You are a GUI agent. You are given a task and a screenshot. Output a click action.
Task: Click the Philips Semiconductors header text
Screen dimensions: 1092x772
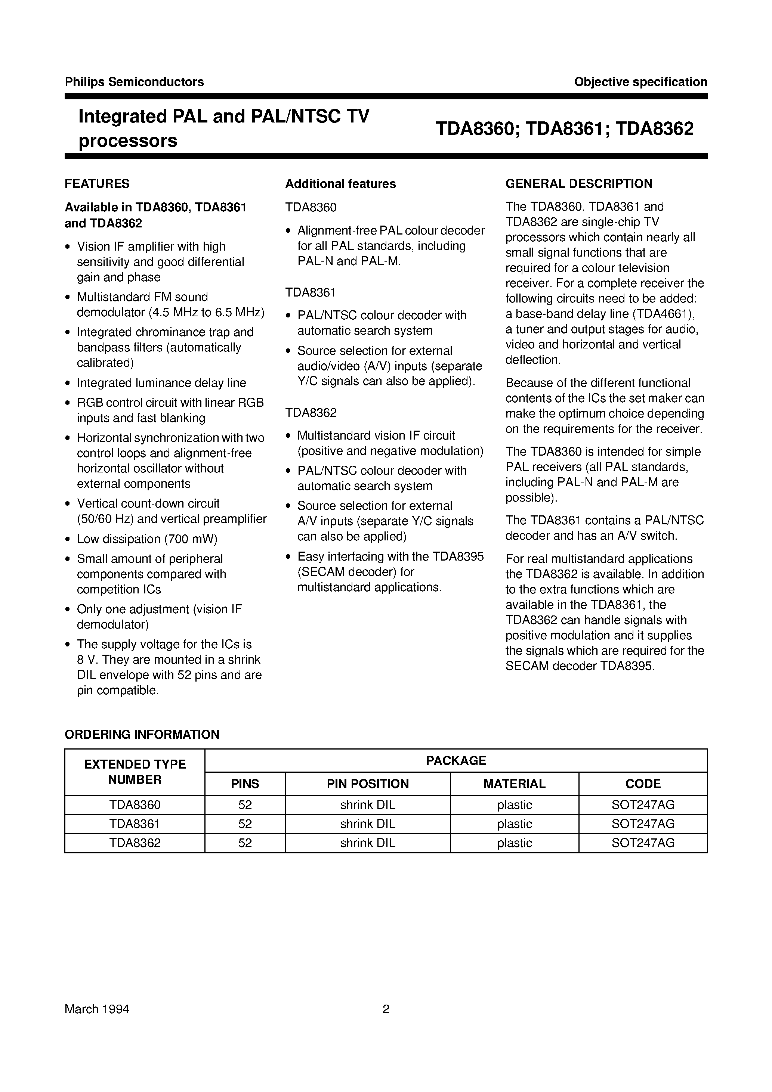coord(134,82)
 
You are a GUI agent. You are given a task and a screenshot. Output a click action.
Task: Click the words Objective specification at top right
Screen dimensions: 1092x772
coord(640,82)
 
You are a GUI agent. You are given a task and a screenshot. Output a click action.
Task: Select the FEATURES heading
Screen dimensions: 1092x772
coord(97,184)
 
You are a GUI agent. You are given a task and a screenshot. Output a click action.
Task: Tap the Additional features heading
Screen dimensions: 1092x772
coord(340,184)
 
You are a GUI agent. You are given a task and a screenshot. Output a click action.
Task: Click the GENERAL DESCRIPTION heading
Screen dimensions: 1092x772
coord(579,184)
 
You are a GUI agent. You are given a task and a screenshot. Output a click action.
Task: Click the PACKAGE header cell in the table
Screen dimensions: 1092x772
coord(456,760)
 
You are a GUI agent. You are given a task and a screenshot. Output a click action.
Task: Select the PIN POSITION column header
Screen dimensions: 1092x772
coord(367,784)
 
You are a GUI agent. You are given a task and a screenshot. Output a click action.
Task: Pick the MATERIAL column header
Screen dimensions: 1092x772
coord(514,784)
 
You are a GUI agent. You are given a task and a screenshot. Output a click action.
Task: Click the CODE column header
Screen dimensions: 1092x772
coord(643,784)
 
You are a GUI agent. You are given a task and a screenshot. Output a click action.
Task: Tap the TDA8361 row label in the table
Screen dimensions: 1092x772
coord(135,824)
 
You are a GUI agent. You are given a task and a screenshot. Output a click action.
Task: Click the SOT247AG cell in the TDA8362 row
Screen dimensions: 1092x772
coord(643,843)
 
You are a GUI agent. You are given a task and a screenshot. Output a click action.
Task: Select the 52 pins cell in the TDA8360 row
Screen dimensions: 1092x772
coord(245,805)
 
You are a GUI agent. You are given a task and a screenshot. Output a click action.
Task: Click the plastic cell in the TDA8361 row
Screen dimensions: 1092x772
coord(514,824)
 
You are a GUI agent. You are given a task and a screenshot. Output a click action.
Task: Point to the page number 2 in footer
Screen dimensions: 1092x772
coord(386,1009)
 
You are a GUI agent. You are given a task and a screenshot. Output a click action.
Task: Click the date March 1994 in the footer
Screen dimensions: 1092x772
coord(97,1009)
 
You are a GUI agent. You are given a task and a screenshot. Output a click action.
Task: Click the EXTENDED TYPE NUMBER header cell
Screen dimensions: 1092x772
coord(135,772)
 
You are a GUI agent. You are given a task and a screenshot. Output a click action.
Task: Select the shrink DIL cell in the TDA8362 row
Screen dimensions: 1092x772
coord(367,843)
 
